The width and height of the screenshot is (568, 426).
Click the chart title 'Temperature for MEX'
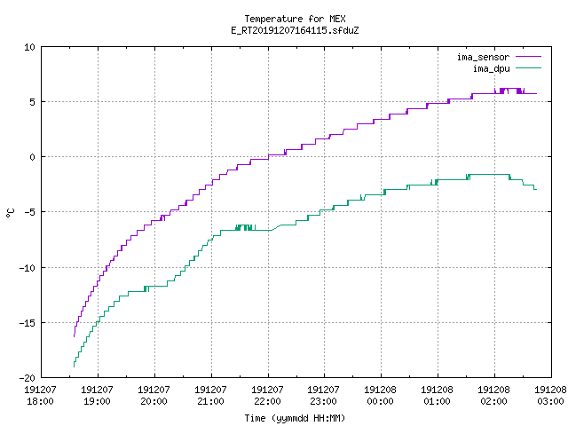[295, 19]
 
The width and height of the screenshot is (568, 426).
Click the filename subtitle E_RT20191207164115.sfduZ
[295, 30]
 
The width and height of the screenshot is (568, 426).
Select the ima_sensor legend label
[483, 57]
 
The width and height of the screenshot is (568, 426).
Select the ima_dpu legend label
[491, 68]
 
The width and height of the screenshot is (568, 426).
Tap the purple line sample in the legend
[529, 57]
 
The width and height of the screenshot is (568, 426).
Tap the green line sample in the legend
[529, 68]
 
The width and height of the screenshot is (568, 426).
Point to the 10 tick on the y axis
[29, 47]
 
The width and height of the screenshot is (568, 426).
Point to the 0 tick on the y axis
[33, 157]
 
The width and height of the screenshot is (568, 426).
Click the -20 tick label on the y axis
[28, 378]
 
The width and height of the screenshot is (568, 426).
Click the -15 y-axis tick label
[28, 323]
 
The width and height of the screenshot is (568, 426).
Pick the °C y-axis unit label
[10, 213]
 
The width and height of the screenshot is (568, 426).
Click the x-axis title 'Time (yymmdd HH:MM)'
[295, 418]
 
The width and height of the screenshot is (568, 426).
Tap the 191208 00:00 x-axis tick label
[380, 396]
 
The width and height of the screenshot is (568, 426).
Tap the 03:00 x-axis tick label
[550, 401]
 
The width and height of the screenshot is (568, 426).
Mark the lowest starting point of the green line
[74, 367]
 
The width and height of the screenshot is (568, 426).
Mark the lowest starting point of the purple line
[74, 336]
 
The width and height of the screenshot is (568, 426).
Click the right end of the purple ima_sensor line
[536, 93]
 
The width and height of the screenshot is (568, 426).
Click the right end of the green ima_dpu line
[536, 189]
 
